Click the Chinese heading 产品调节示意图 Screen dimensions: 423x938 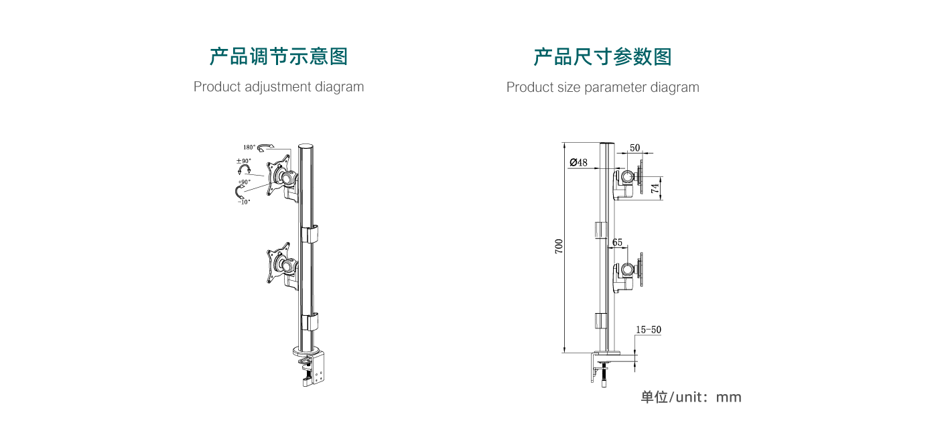pyautogui.click(x=279, y=57)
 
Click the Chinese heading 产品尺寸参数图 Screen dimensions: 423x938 pyautogui.click(x=602, y=57)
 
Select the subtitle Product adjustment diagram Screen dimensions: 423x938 pyautogui.click(x=279, y=87)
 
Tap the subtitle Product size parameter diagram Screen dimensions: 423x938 pyautogui.click(x=602, y=87)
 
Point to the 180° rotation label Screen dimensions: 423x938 pyautogui.click(x=249, y=147)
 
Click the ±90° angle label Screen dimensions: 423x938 pyautogui.click(x=243, y=161)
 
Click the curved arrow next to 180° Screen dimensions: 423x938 pyautogui.click(x=266, y=147)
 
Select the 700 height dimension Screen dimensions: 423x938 pyautogui.click(x=559, y=246)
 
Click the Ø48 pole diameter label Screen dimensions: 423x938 pyautogui.click(x=578, y=162)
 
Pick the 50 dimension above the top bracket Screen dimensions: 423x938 pyautogui.click(x=634, y=147)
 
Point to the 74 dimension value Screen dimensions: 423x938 pyautogui.click(x=655, y=188)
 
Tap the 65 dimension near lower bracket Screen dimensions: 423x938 pyautogui.click(x=617, y=242)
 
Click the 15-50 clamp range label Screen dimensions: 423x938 pyautogui.click(x=648, y=330)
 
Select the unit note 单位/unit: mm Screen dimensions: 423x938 pyautogui.click(x=691, y=397)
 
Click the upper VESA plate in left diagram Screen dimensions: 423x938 pyautogui.click(x=279, y=175)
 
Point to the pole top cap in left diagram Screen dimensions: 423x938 pyautogui.click(x=306, y=146)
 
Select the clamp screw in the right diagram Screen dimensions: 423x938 pyautogui.click(x=604, y=376)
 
